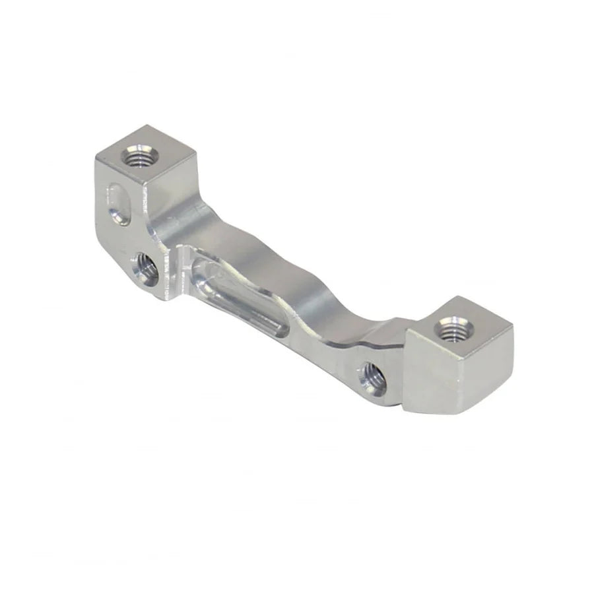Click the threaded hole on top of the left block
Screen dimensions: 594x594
(x=139, y=158)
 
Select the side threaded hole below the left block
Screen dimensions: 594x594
(x=145, y=268)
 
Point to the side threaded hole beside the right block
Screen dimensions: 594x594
(x=373, y=379)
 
